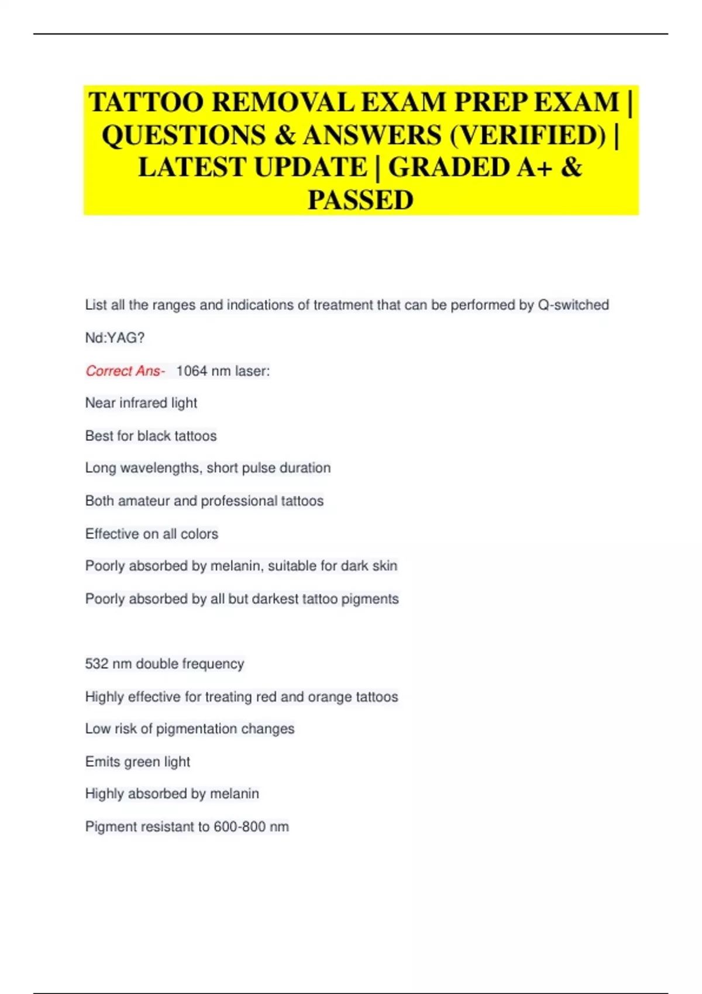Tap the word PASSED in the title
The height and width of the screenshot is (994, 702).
pyautogui.click(x=360, y=200)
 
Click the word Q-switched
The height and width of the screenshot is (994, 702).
pyautogui.click(x=573, y=305)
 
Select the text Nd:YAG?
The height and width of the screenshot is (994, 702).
pyautogui.click(x=115, y=337)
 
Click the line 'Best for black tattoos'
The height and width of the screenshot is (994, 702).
pyautogui.click(x=151, y=436)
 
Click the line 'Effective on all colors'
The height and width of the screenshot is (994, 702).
pyautogui.click(x=152, y=533)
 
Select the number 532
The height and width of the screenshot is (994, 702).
pyautogui.click(x=97, y=664)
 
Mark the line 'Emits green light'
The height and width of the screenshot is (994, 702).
pyautogui.click(x=137, y=761)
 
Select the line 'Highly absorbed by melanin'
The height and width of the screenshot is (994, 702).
pyautogui.click(x=172, y=793)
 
